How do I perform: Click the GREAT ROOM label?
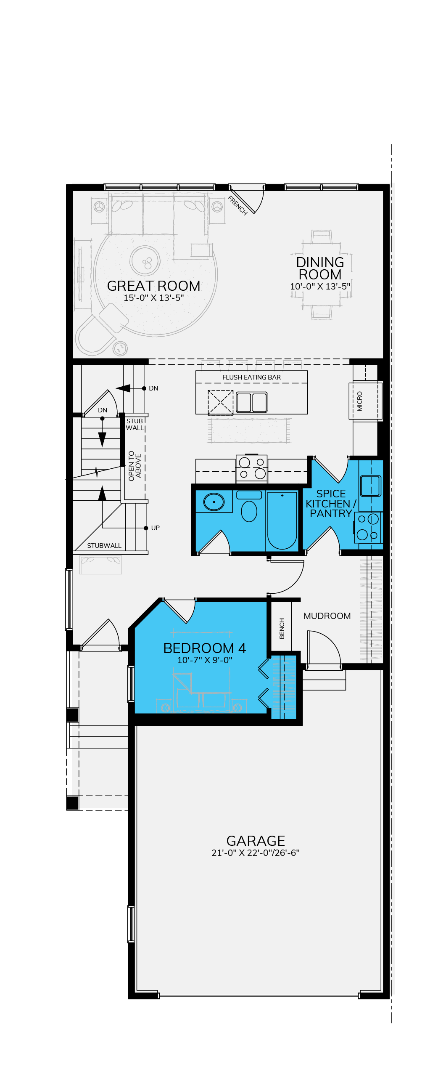coord(153,286)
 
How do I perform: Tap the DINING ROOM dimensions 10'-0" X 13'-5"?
coord(320,287)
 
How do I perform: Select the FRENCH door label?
coord(238,205)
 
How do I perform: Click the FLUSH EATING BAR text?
coord(251,377)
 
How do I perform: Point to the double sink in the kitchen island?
coord(251,402)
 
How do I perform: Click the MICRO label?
coord(359,401)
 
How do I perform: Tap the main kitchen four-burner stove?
coord(252,468)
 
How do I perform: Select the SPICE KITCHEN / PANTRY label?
coord(331,504)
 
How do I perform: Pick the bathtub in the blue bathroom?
coord(282,520)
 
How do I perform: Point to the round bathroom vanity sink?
coord(214,502)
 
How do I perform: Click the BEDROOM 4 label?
coord(204,648)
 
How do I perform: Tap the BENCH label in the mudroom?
coord(282,628)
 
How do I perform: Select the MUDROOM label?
coord(327,616)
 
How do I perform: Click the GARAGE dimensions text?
coord(256,853)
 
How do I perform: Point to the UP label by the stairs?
coord(155,528)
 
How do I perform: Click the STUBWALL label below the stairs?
coord(104,546)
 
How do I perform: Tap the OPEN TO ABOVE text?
coord(135,466)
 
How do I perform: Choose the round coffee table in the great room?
coord(145,260)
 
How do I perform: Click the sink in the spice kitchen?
coord(370,486)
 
